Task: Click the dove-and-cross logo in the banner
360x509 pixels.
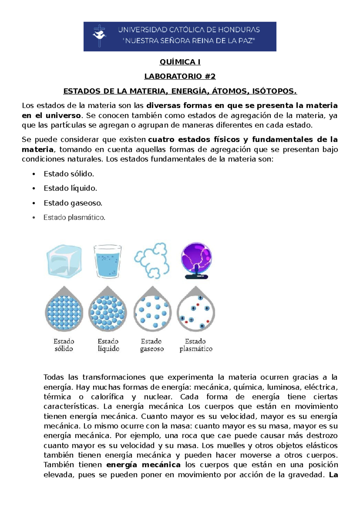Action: point(99,35)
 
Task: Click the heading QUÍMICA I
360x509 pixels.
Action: point(180,62)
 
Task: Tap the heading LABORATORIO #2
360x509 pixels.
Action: point(180,77)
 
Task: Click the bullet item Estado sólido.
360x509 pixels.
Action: point(69,174)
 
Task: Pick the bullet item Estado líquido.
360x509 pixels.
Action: point(70,188)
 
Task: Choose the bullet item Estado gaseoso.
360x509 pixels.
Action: point(73,203)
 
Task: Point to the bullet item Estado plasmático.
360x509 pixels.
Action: point(74,218)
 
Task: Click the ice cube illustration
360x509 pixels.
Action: point(64,261)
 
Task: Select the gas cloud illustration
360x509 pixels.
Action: point(152,261)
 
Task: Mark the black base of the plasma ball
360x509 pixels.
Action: point(196,276)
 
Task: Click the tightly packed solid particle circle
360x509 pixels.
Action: point(64,313)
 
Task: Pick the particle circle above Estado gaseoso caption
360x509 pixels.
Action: point(152,313)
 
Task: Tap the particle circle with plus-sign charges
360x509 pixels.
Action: point(196,313)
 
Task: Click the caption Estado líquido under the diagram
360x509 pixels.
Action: point(108,345)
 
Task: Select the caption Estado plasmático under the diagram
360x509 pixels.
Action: point(196,345)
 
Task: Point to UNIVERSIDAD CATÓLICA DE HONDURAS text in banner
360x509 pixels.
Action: point(189,30)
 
